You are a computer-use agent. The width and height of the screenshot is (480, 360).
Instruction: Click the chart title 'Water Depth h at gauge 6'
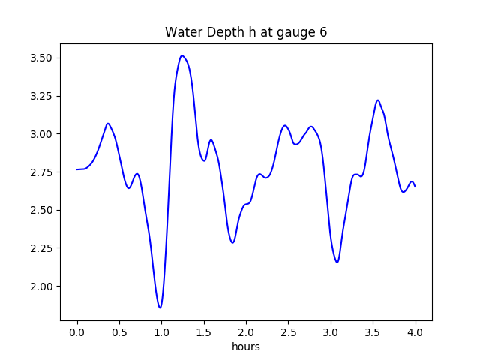[246, 32]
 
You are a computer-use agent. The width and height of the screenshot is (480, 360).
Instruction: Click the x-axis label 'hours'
[246, 346]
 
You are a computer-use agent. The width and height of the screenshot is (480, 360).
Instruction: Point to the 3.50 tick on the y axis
[42, 58]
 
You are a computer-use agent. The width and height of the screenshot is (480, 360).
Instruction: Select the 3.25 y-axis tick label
[42, 96]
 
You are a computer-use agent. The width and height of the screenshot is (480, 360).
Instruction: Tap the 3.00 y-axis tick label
[42, 134]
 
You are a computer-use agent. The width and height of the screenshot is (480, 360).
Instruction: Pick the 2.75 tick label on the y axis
[42, 172]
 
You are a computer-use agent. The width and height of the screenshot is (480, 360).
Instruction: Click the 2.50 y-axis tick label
[42, 210]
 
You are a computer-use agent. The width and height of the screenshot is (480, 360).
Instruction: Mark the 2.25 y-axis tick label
[42, 248]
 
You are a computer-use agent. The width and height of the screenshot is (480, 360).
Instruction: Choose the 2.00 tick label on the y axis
[42, 286]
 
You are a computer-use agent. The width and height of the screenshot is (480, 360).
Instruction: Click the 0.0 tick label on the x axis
[76, 331]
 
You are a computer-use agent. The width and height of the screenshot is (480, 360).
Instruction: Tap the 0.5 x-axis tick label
[119, 331]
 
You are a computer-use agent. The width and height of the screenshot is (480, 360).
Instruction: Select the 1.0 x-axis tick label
[161, 331]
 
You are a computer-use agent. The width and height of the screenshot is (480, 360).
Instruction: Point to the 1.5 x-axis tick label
[203, 331]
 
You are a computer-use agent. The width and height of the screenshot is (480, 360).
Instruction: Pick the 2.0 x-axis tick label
[246, 331]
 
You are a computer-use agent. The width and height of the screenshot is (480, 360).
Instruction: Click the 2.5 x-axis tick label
[288, 331]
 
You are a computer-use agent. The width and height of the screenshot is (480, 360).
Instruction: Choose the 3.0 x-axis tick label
[331, 331]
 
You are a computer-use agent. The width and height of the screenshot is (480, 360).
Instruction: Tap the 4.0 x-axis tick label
[415, 331]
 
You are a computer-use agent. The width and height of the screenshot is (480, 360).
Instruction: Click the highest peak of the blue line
[182, 55]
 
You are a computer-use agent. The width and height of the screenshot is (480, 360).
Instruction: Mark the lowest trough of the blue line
[160, 307]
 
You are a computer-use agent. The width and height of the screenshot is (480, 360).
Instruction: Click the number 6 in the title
[323, 32]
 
